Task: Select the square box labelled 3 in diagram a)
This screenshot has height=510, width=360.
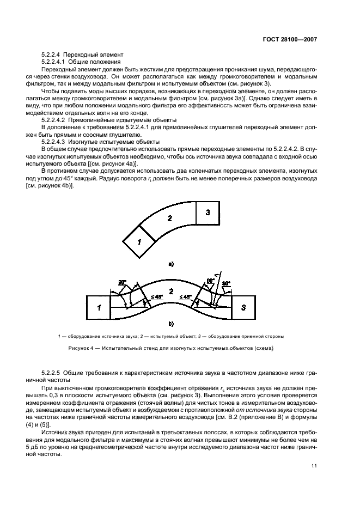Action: pos(208,213)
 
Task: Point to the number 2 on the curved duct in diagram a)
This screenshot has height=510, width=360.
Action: pos(170,218)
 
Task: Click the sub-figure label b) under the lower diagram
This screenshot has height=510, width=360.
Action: pos(170,324)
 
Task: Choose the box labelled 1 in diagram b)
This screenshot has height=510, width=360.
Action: pos(99,307)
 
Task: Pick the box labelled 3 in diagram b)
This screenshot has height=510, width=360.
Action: pos(243,307)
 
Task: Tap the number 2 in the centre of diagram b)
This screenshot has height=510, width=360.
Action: pos(171,291)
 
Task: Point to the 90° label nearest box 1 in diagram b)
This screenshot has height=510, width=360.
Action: pos(122,282)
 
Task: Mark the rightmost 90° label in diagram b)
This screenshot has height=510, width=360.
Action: pos(226,283)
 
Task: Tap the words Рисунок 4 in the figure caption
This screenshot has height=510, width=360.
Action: pos(81,348)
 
